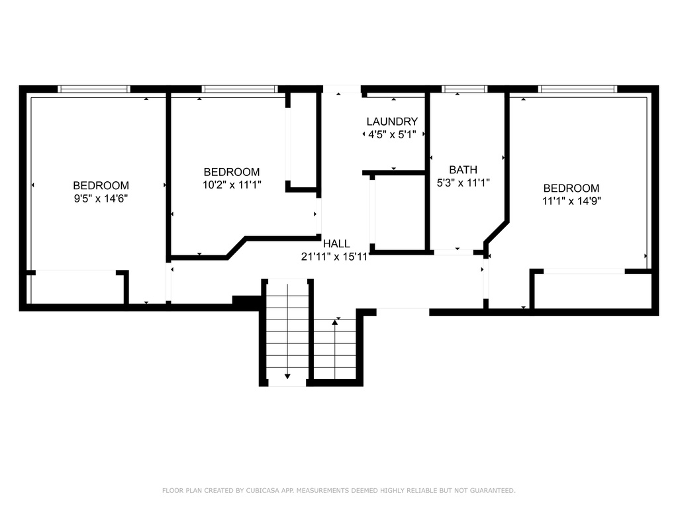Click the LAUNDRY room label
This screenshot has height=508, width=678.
tap(392, 122)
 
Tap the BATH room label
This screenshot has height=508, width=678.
tap(463, 170)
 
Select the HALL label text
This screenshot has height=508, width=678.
tap(336, 243)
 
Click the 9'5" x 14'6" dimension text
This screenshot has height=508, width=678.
tap(101, 198)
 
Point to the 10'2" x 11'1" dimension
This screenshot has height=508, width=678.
tap(232, 185)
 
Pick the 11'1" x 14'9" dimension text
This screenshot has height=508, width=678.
tap(571, 201)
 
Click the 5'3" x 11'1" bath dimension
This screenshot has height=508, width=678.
tap(463, 183)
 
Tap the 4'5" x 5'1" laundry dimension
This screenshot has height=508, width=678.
tap(392, 135)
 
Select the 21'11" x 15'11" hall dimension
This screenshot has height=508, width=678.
tap(335, 257)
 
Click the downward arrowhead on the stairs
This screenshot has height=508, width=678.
tap(287, 376)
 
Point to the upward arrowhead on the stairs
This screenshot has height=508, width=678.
tap(334, 322)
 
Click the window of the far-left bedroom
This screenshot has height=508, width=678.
tap(94, 89)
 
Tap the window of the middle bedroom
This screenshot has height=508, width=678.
tap(240, 89)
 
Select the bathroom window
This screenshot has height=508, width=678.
tap(464, 89)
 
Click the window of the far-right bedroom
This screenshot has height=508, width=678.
tap(577, 89)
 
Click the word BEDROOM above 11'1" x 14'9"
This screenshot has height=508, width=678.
tap(571, 189)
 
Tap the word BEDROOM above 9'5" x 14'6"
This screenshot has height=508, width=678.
tap(101, 186)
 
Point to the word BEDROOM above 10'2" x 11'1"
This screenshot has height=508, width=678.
tap(232, 173)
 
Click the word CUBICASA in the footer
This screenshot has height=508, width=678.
tap(263, 491)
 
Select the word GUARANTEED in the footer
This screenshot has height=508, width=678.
tap(493, 491)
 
